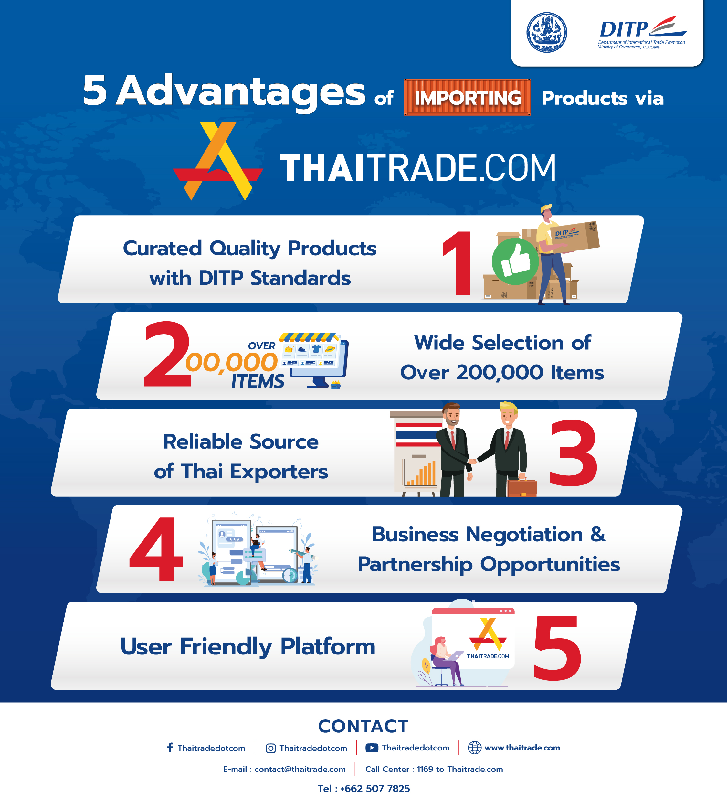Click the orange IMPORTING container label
point(467,97)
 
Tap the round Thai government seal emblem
point(546,32)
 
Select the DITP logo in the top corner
point(642,32)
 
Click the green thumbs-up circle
point(515,261)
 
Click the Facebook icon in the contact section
point(170,748)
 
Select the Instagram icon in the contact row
point(271,748)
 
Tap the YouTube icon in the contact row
point(372,748)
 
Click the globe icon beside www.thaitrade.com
point(475,748)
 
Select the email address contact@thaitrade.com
point(300,769)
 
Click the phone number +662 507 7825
point(375,788)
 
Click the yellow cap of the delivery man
point(546,208)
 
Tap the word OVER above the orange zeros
point(262,346)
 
